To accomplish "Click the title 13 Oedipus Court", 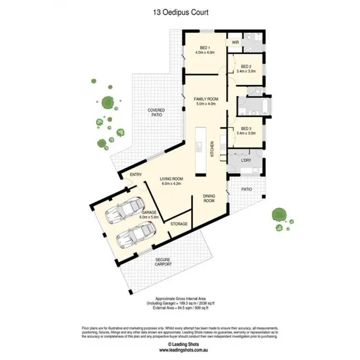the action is (x=180, y=12).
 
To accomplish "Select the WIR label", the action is (x=235, y=42).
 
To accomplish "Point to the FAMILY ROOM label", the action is (x=206, y=99).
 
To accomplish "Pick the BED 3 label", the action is (x=247, y=129).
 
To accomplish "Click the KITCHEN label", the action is (x=212, y=149).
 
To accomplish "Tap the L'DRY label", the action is (x=246, y=160).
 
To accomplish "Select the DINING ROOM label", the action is (x=209, y=198).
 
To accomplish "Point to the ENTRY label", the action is (x=136, y=175).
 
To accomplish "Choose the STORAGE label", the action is (x=180, y=224).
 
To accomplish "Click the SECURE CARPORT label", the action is (x=163, y=262).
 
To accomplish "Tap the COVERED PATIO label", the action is (x=156, y=113).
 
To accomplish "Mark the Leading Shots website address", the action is (x=180, y=349).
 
